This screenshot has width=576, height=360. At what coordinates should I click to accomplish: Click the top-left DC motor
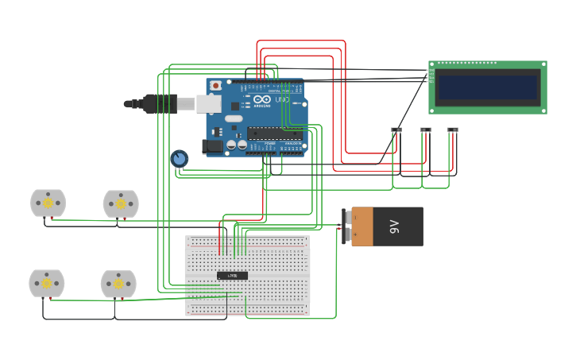(48, 203)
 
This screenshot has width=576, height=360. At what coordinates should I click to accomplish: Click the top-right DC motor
(121, 204)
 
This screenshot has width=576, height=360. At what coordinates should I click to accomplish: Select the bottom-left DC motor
(47, 284)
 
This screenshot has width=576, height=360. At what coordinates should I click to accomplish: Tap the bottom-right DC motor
(118, 285)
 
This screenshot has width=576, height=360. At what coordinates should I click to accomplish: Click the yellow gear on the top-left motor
(48, 203)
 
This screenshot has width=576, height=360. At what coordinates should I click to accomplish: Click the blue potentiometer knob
(179, 159)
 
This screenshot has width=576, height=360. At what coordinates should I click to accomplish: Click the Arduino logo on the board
(263, 100)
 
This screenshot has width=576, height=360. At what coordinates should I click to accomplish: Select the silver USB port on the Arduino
(208, 103)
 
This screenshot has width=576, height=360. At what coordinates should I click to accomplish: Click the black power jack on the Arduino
(212, 146)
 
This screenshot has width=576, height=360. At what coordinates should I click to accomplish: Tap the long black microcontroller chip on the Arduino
(274, 134)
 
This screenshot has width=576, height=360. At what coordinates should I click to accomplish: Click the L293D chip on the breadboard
(232, 276)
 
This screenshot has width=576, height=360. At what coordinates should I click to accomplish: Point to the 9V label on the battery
(395, 226)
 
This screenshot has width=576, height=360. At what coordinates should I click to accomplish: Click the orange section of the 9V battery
(362, 226)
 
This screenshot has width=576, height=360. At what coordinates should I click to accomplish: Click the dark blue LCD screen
(488, 87)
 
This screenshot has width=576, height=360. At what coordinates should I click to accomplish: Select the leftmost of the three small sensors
(396, 130)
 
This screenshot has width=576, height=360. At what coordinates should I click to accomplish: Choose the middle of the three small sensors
(426, 130)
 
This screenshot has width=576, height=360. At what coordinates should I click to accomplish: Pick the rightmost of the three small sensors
(453, 130)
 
